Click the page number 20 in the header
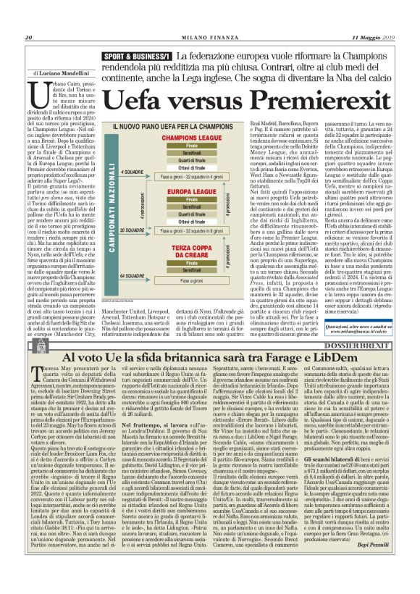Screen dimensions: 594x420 pyautogui.click(x=29, y=38)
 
